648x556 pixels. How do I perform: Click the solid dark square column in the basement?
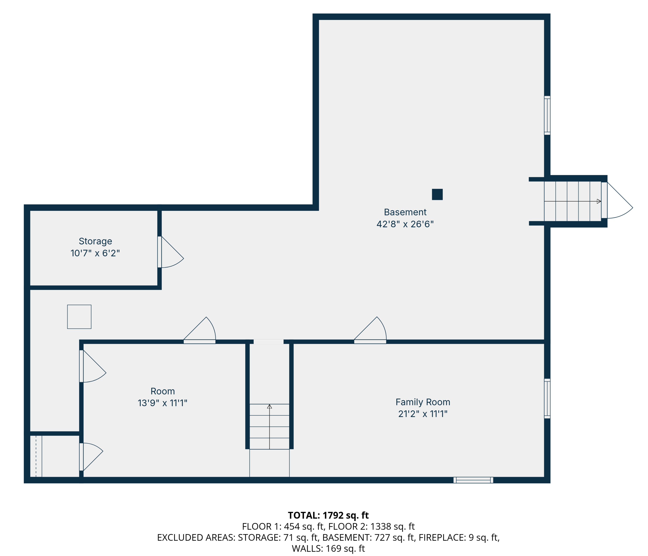tap(437, 194)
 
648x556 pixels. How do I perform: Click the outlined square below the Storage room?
tap(79, 317)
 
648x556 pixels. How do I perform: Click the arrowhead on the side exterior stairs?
tap(599, 201)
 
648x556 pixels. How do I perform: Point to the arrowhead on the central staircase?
tap(269, 406)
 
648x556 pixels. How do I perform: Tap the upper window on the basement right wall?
tap(547, 115)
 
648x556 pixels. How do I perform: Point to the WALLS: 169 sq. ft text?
tap(328, 548)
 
